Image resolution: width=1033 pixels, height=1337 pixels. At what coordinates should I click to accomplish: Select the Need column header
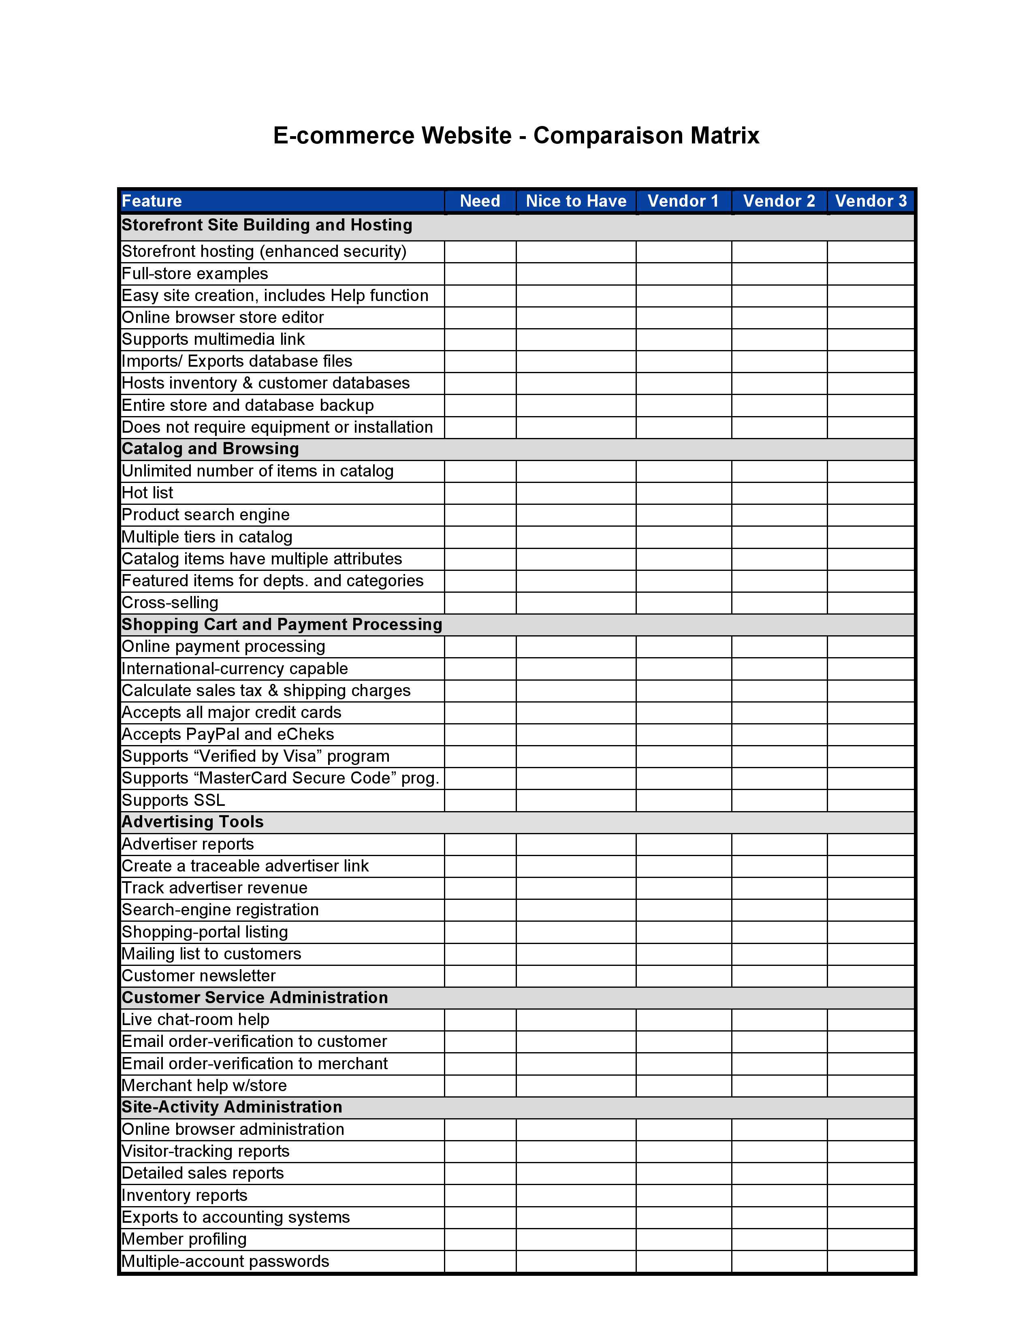tap(480, 201)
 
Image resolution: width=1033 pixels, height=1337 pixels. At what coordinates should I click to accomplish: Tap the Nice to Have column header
tap(576, 201)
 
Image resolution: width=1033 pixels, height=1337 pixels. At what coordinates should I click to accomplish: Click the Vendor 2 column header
tap(779, 201)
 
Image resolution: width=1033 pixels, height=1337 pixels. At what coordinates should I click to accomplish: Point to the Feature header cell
tap(152, 201)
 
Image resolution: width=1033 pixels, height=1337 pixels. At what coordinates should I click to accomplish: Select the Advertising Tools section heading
tap(193, 822)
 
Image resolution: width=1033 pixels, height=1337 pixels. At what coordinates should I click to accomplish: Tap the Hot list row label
tap(147, 493)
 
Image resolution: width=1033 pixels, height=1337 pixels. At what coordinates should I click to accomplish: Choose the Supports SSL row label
tap(173, 800)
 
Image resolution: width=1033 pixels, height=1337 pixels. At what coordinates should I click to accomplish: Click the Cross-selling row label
tap(170, 603)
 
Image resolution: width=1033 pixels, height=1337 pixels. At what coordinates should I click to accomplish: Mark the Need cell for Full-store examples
tap(480, 273)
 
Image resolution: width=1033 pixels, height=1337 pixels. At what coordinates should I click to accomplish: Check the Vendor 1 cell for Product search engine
tap(683, 515)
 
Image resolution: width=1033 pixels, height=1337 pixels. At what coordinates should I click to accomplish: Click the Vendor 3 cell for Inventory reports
tap(870, 1196)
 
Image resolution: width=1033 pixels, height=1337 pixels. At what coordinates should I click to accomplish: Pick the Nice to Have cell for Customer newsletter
tap(576, 976)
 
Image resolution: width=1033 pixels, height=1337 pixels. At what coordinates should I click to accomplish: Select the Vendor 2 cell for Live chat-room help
tap(779, 1020)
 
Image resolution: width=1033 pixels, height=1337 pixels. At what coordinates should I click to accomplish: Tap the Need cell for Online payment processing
tap(480, 647)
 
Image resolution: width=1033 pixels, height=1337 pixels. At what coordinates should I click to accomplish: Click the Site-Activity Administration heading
tap(232, 1107)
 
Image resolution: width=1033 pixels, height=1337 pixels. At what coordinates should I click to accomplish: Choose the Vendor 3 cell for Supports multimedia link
tap(870, 339)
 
